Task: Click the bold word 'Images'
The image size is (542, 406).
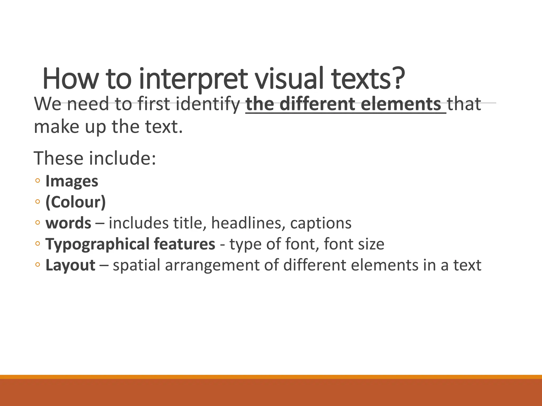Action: point(72,181)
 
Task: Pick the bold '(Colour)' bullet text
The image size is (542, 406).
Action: point(76,202)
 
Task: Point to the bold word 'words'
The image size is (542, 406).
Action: point(68,223)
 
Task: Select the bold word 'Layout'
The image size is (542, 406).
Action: point(70,265)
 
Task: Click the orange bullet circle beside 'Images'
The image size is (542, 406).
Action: point(38,181)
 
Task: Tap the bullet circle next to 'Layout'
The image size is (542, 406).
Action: point(38,265)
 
